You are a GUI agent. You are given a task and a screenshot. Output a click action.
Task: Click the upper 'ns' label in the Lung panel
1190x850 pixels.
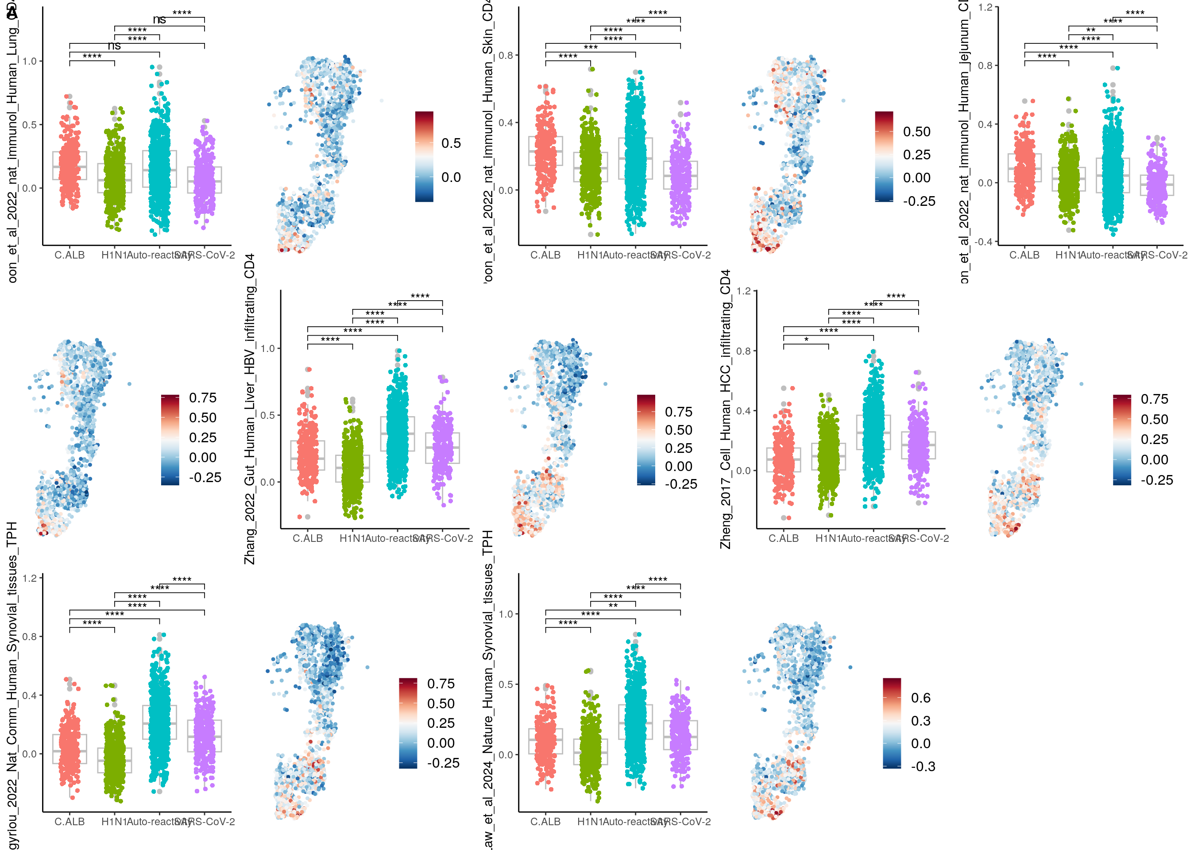point(160,20)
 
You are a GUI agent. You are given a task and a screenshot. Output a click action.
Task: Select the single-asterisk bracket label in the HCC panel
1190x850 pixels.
point(806,340)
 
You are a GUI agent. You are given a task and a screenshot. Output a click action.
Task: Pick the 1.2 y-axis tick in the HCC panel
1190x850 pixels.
point(744,291)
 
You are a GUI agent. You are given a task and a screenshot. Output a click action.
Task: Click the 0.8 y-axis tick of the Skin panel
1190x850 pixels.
point(506,55)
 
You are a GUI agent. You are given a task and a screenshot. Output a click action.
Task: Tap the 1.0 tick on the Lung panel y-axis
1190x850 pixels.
point(29,61)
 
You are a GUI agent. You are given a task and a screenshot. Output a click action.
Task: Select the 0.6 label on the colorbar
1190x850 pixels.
point(920,698)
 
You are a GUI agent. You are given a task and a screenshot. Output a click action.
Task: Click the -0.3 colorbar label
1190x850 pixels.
point(923,766)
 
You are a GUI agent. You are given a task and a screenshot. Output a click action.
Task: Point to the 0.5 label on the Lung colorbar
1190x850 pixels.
point(451,143)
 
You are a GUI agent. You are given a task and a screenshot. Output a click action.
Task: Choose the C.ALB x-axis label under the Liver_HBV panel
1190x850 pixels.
point(307,538)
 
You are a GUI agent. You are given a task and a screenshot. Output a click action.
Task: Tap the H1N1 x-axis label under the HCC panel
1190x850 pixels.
point(828,538)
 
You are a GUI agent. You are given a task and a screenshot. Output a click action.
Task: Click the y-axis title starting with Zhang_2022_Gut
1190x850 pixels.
point(250,409)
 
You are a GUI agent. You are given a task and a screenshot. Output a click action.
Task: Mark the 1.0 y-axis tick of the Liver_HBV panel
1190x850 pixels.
point(267,348)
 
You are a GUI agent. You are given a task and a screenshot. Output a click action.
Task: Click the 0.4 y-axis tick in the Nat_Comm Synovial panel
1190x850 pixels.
point(29,695)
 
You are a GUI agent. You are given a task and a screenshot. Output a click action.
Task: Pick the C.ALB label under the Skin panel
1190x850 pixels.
point(545,255)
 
